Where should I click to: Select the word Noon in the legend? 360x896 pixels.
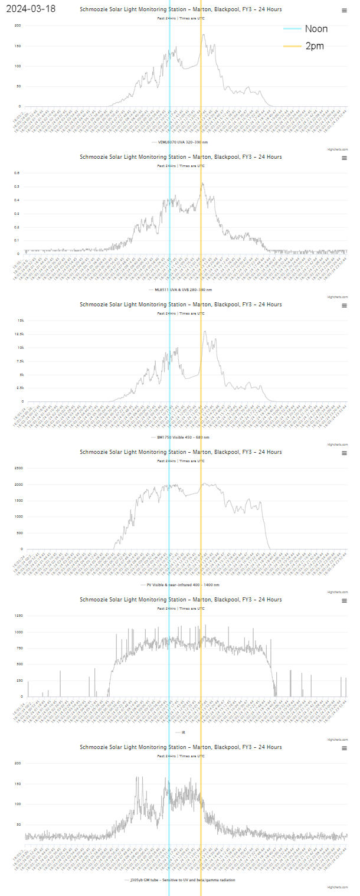316,29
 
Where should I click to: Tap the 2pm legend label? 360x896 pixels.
315,46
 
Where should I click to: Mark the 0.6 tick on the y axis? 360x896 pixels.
17,174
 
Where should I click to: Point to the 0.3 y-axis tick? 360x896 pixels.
17,214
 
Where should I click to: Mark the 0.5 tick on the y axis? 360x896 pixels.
17,187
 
